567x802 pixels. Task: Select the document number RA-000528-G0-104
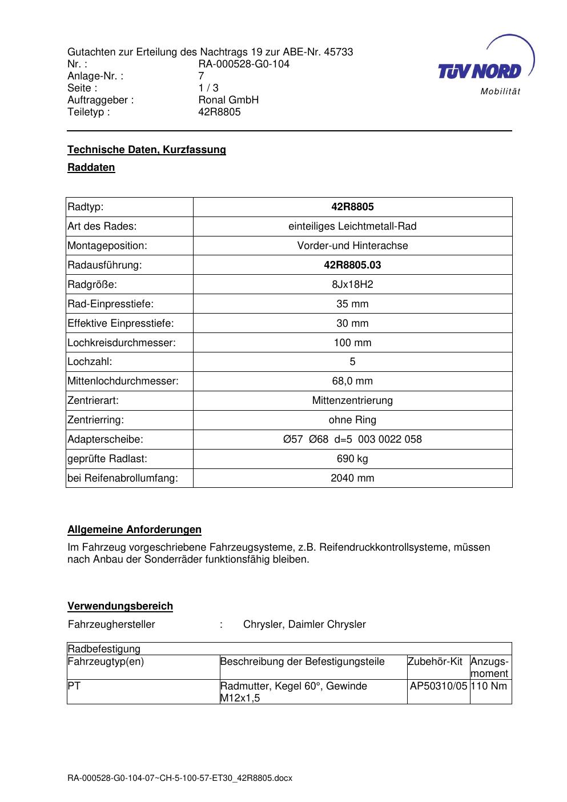point(244,64)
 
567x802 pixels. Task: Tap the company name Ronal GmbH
point(228,100)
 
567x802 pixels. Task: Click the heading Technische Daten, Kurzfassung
point(147,150)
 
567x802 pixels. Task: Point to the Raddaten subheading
point(91,167)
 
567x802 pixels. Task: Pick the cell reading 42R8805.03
point(352,265)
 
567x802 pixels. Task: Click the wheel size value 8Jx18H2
point(352,284)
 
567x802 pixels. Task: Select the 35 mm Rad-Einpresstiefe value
point(352,304)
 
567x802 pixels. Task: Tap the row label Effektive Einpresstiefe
point(120,323)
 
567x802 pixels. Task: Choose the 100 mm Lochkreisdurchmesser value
point(352,343)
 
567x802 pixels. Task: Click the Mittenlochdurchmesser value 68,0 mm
point(352,381)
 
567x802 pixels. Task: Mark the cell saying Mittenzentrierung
point(352,400)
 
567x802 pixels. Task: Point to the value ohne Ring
point(352,420)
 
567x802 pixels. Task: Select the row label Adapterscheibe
point(105,439)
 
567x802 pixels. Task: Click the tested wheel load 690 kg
point(352,459)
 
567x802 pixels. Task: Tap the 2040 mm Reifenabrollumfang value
point(352,478)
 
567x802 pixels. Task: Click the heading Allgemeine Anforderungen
point(134,530)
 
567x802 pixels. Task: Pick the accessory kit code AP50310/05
point(439,685)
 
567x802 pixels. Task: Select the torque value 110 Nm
point(489,685)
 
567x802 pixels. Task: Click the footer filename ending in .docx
point(180,778)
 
